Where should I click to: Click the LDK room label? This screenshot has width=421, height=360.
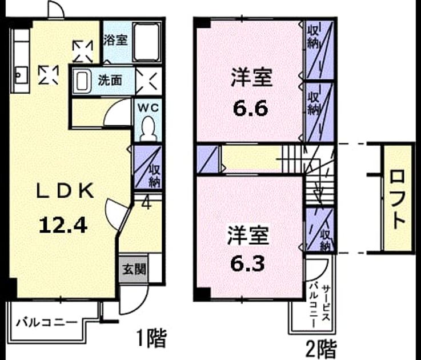click(x=65, y=190)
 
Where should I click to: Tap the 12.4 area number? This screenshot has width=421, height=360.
click(x=63, y=225)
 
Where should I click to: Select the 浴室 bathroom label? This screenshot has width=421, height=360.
click(x=115, y=40)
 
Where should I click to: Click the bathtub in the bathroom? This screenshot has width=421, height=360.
click(x=147, y=42)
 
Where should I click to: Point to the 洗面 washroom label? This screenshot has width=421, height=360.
click(x=110, y=80)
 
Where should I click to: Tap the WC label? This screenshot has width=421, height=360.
click(x=148, y=108)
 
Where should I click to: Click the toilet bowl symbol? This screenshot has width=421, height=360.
click(x=149, y=129)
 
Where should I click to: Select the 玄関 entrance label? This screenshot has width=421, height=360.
click(x=134, y=269)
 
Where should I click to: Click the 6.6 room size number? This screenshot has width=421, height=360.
click(x=251, y=109)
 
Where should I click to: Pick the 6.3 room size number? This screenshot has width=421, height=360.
click(x=247, y=263)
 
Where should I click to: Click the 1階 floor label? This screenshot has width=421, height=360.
click(x=151, y=338)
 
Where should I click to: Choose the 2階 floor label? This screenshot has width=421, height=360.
click(x=321, y=349)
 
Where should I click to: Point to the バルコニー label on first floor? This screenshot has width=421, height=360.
click(x=46, y=322)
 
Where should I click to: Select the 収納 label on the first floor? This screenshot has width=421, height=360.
click(x=155, y=176)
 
